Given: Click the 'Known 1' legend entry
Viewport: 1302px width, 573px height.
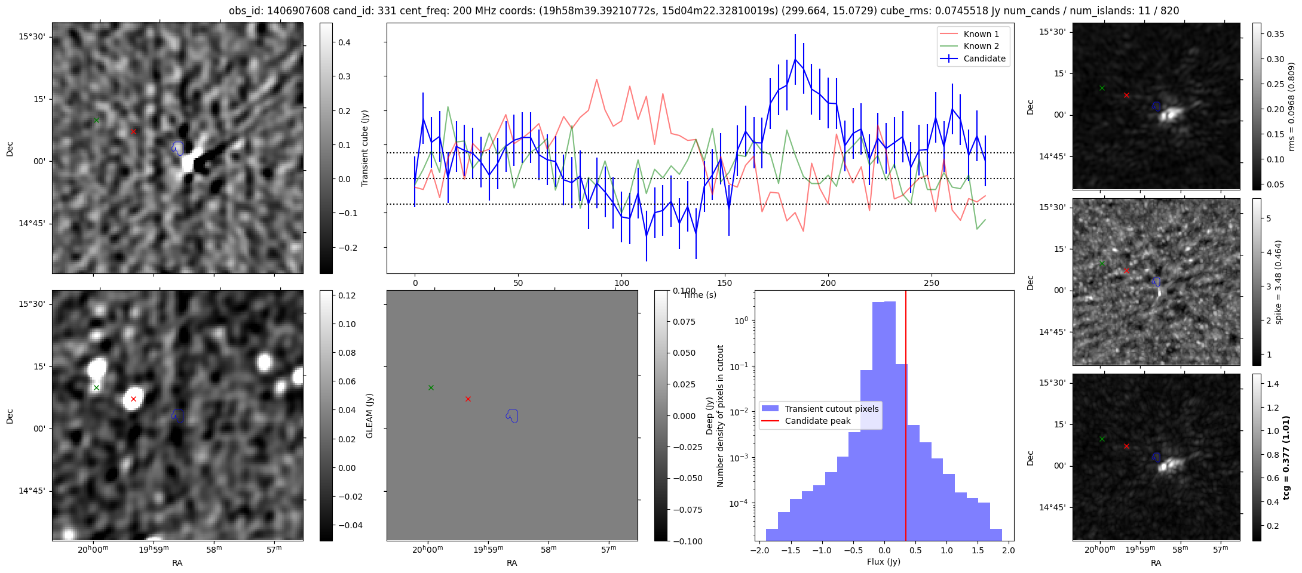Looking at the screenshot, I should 981,34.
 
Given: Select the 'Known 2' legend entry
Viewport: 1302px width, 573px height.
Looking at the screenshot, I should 981,46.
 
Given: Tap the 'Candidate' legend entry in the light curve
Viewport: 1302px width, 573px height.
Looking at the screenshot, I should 984,58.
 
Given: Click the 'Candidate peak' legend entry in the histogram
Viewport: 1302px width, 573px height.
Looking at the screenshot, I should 817,421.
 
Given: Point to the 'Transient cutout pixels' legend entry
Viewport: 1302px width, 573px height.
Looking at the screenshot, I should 831,409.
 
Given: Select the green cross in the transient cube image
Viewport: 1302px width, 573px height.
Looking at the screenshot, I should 96,120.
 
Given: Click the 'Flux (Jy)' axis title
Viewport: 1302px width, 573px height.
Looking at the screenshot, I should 883,562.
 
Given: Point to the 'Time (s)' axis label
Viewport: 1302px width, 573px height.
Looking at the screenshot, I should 699,295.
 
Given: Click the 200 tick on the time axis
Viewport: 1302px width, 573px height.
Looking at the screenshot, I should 828,283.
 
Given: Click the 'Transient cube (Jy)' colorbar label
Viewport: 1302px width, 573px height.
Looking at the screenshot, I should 365,148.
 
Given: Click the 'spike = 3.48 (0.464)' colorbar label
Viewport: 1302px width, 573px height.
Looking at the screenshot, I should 1279,282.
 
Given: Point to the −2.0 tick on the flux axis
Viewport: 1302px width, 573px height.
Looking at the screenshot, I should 759,550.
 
